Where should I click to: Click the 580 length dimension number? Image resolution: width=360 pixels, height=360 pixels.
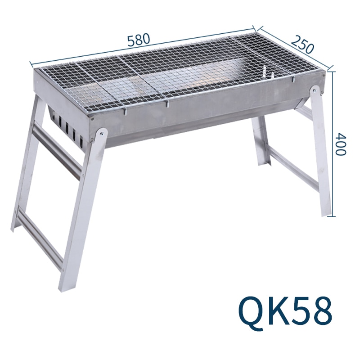[x=138, y=40]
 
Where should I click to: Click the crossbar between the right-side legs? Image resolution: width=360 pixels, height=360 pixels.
[x=292, y=169]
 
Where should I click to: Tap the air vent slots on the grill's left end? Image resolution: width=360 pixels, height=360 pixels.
[x=67, y=130]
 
